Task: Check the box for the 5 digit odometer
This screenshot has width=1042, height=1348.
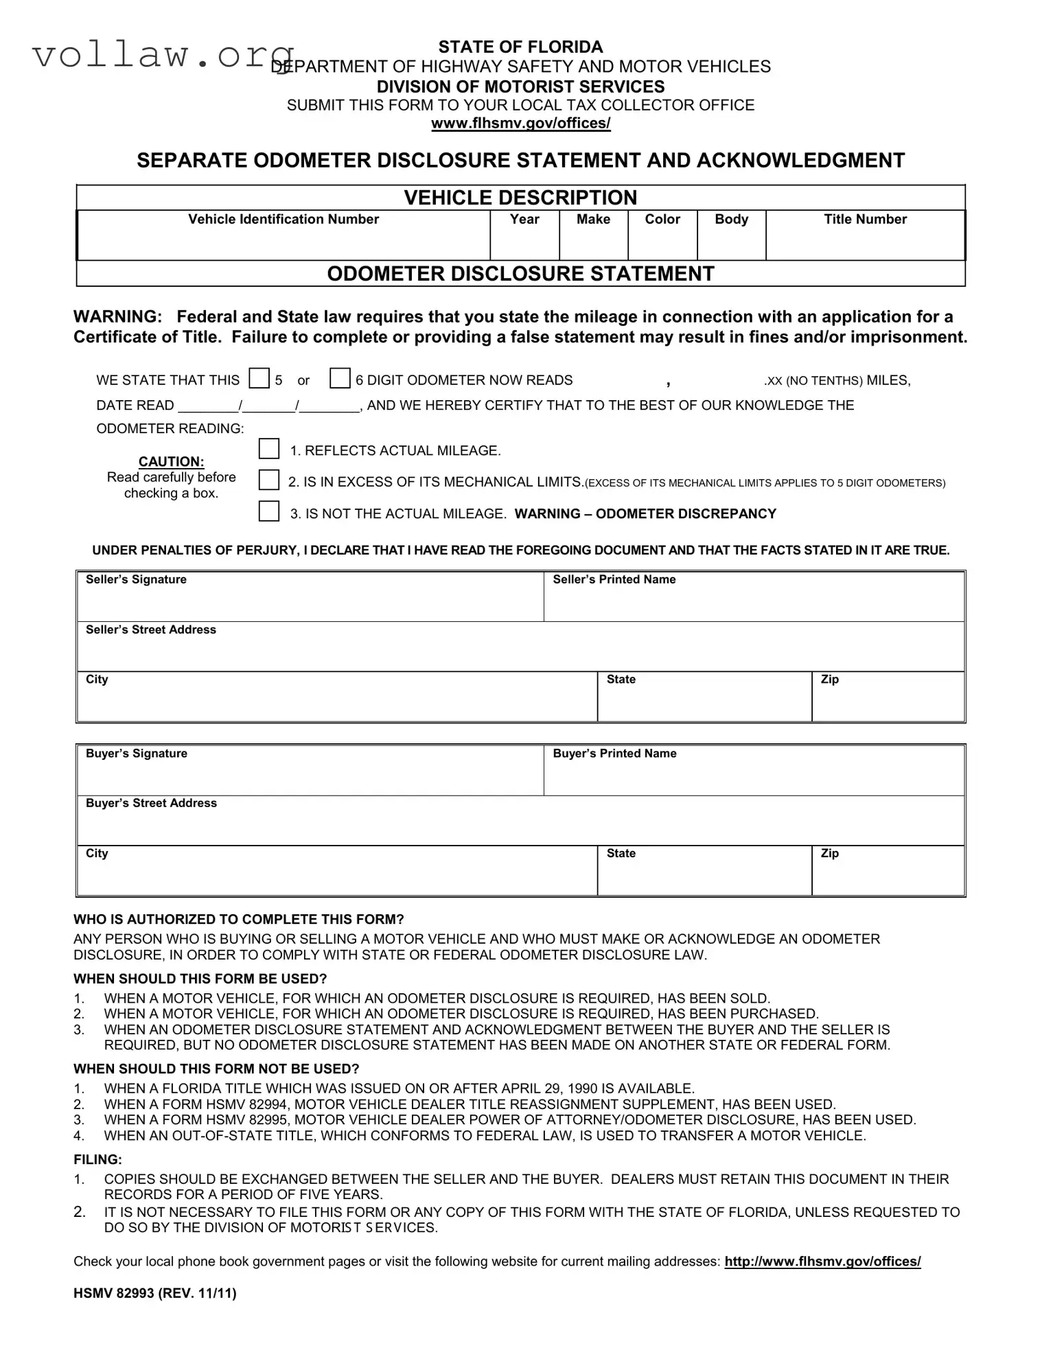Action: tap(259, 378)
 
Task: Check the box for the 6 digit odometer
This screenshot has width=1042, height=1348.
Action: tap(340, 378)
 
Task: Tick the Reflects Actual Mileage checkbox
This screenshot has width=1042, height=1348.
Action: tap(268, 449)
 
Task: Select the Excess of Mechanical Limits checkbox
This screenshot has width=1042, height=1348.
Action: tap(268, 480)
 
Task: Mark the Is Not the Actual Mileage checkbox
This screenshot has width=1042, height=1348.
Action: tap(268, 511)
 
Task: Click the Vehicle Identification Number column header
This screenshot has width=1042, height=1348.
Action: tap(283, 220)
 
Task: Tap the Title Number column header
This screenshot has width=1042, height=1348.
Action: tap(865, 220)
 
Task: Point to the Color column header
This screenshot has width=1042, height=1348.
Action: tap(662, 220)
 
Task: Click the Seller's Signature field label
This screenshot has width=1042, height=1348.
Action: tap(136, 580)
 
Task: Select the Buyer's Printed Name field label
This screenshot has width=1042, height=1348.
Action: tap(614, 754)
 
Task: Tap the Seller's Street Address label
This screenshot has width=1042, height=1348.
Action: tap(151, 630)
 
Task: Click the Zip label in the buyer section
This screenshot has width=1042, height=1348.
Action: tap(829, 854)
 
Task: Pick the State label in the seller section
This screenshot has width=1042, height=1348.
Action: tap(621, 679)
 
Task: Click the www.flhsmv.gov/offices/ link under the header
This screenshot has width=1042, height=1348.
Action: tap(520, 124)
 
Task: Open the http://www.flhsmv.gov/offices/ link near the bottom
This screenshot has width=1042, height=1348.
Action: tap(822, 1262)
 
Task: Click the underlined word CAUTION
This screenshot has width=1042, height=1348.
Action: tap(171, 462)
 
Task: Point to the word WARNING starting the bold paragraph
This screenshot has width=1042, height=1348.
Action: tap(117, 317)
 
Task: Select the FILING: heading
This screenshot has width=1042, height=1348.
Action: tap(97, 1160)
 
